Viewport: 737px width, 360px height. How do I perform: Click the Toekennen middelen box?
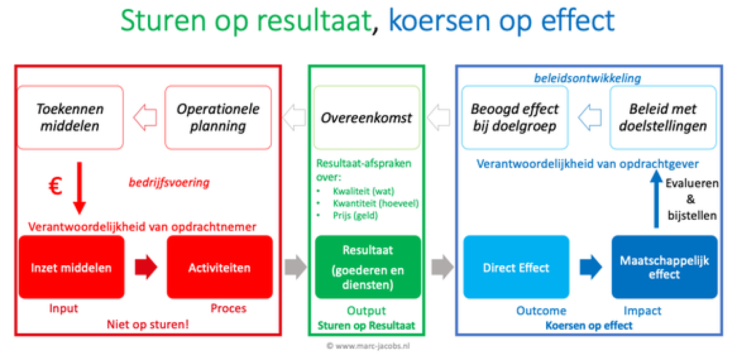(x=71, y=117)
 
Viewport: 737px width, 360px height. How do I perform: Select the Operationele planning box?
(x=218, y=117)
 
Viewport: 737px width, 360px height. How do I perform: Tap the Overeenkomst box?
(x=366, y=117)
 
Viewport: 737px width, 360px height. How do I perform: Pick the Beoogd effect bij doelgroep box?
(x=515, y=117)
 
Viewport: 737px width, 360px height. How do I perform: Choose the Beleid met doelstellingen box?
(x=663, y=117)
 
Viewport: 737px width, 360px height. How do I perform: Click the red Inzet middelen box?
(x=72, y=267)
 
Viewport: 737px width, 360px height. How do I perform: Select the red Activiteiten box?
(x=220, y=267)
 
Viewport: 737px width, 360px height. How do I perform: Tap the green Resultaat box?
(x=368, y=267)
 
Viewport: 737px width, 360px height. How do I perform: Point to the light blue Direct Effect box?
(x=516, y=267)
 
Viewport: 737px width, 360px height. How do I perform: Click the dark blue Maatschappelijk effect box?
(x=665, y=267)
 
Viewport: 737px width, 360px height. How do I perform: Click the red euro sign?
(x=55, y=186)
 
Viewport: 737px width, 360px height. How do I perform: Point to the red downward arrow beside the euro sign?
(x=79, y=188)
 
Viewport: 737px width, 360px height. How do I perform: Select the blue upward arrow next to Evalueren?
(x=656, y=199)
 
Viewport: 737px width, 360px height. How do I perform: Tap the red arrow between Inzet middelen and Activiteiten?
(x=146, y=267)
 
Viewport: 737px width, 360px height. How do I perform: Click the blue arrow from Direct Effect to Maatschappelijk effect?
(x=591, y=267)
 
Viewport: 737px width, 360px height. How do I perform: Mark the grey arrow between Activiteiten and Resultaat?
(x=296, y=267)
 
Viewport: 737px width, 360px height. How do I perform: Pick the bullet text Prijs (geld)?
(x=355, y=216)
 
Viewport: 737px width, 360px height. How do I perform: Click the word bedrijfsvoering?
(x=169, y=183)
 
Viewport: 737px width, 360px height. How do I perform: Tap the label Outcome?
(x=541, y=311)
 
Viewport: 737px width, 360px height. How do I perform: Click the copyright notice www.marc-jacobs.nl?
(x=368, y=346)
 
